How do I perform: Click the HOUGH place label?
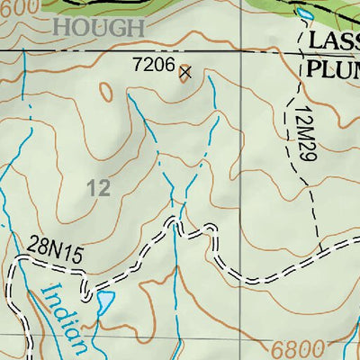[x=98, y=28]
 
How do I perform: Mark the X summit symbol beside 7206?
[x=185, y=72]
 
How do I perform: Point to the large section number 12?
[x=99, y=188]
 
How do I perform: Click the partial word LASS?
[x=333, y=41]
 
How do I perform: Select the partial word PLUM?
[x=333, y=68]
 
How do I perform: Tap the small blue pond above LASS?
[x=305, y=13]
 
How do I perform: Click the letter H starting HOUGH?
[x=61, y=28]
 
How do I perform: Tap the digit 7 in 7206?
[x=136, y=66]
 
